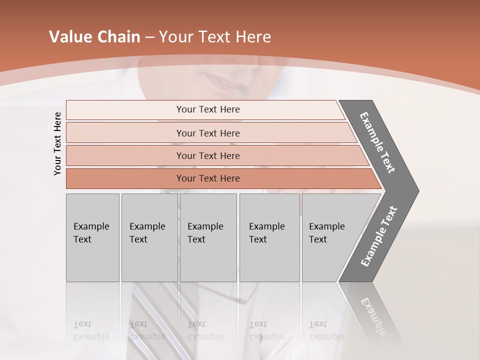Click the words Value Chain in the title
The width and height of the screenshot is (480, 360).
(94, 37)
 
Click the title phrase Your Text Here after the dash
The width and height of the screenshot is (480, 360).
(215, 37)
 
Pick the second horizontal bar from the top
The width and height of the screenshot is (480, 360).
(207, 133)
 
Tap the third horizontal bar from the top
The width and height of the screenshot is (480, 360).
(207, 155)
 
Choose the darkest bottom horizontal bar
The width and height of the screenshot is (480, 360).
(207, 178)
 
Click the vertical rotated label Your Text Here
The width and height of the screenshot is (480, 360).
(57, 143)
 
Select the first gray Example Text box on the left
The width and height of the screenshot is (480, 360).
(92, 237)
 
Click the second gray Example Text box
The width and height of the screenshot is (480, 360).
(149, 237)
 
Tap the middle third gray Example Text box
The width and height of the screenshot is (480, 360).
(208, 237)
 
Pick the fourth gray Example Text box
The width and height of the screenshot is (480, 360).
(269, 237)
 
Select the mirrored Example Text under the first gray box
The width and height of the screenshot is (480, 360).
(91, 330)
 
